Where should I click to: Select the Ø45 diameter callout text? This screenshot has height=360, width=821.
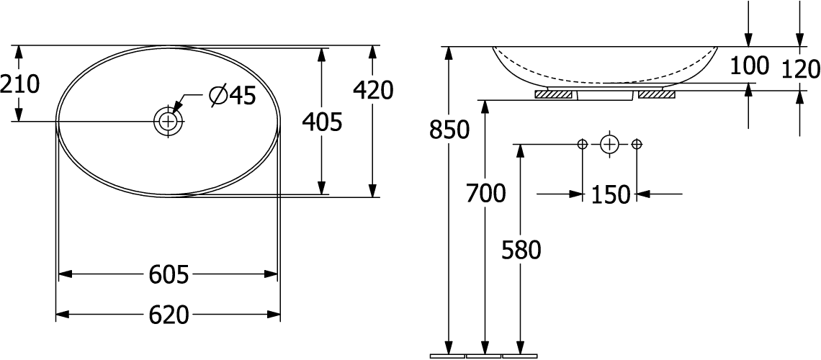coord(232,95)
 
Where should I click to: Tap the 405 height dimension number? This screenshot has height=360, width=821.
coord(322,122)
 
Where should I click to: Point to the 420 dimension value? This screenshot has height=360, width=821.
coord(373,91)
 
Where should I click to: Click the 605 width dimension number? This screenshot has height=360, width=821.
coord(169,275)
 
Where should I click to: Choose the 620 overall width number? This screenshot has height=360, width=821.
coord(169,315)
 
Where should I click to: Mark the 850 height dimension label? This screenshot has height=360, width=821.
coord(449,130)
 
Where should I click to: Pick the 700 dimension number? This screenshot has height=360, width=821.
coord(486,194)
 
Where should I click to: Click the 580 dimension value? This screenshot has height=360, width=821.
coord(521,251)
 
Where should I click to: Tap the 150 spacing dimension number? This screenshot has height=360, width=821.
coord(610,194)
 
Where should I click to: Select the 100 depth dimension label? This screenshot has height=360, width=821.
coord(749,66)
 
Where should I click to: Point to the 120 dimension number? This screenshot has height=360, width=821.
coord(801,69)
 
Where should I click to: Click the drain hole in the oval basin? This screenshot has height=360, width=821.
coord(169,122)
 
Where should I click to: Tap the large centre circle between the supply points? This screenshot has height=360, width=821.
coord(609,144)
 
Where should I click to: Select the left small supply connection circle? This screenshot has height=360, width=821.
coord(582,144)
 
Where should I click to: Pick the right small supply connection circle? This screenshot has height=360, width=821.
coord(636,144)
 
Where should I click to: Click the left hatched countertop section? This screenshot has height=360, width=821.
coord(554,94)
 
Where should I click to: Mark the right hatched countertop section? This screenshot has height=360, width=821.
coord(657,94)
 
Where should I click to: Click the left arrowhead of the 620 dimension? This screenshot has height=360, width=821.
coord(63,315)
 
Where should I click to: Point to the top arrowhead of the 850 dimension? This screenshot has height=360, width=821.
coord(449,53)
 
